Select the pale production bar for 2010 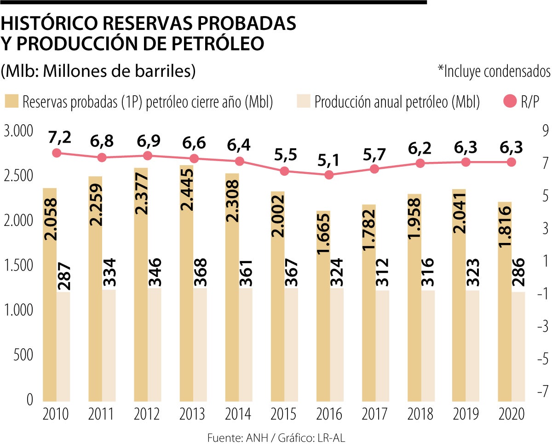[63, 345]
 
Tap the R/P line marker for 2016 [329, 175]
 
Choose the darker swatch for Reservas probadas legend [12, 102]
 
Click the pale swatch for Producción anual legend [303, 102]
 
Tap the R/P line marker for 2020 [511, 162]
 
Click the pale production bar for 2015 [291, 345]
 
